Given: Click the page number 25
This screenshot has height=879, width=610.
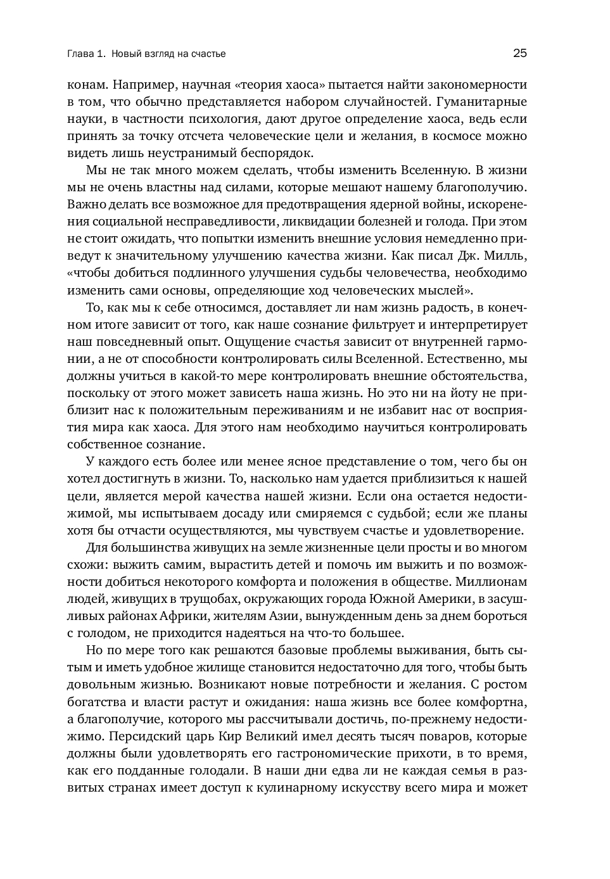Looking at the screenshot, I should coord(519,54).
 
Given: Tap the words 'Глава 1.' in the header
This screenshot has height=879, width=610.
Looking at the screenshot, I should coord(86,54).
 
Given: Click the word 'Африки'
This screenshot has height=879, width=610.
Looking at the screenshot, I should coord(201,616).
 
